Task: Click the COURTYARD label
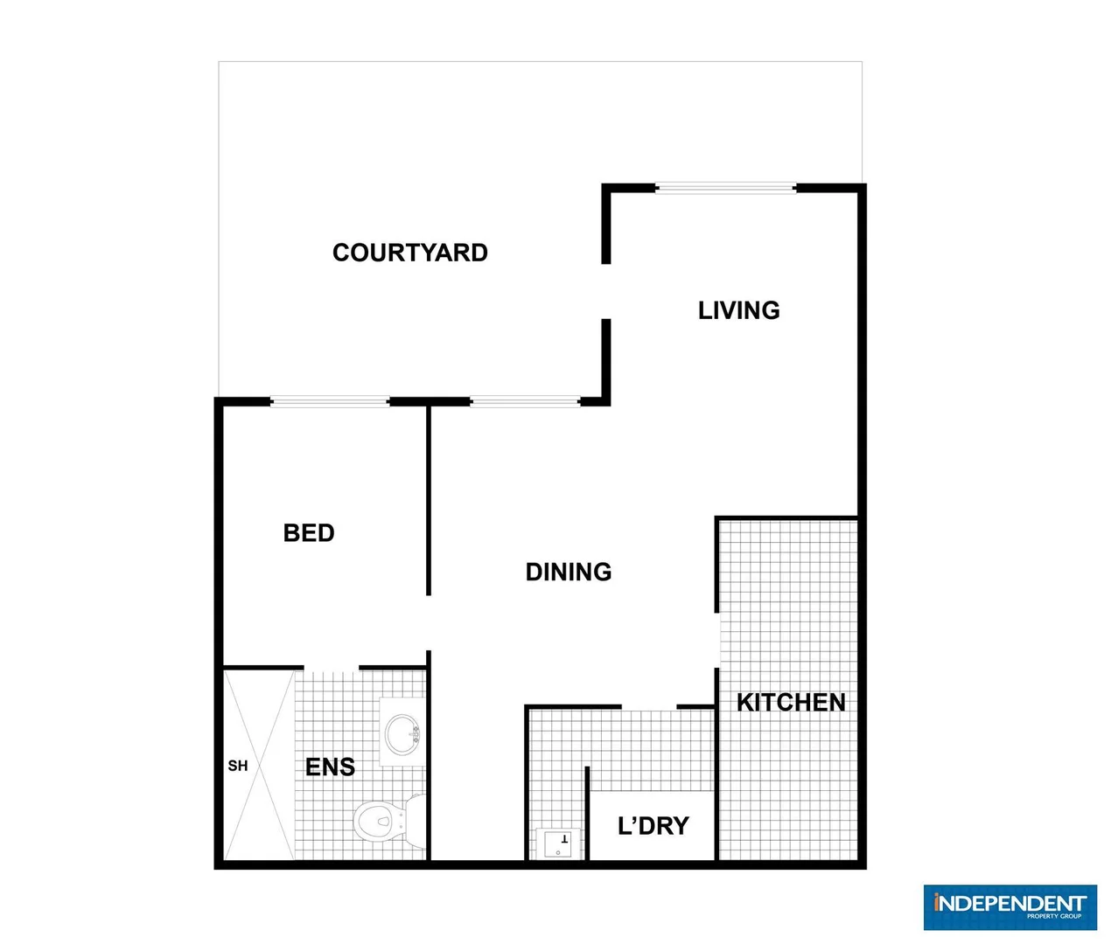point(409,253)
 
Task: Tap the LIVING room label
point(738,310)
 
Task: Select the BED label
point(309,533)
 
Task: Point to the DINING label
point(569,572)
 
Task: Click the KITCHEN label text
point(791,702)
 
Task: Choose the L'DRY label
point(653,826)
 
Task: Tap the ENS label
point(330,767)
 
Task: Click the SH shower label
point(238,766)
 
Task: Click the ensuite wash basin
point(403,732)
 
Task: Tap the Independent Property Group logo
point(1010,906)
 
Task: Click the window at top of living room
point(725,187)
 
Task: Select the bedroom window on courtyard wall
point(330,402)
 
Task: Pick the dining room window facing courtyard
point(525,402)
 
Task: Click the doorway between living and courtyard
point(605,291)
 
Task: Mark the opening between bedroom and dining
point(429,622)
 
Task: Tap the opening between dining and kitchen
point(717,640)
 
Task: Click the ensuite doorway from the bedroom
point(331,670)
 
